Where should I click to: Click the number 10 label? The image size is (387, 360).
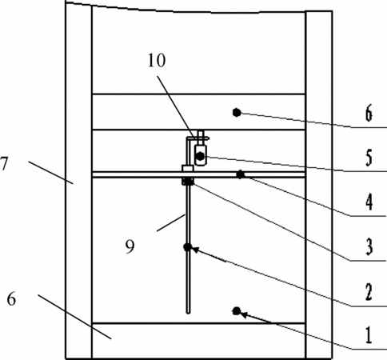pos(157,61)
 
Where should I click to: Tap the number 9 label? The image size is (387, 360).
pos(130,246)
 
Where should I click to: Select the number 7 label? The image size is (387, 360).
pos(5,163)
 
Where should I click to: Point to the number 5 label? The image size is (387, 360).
pos(369,158)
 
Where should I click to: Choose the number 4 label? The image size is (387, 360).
pos(369,202)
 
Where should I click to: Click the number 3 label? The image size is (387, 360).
pos(369,247)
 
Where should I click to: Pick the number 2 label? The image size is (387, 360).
pos(369,292)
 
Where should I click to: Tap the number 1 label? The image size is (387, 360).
pos(369,335)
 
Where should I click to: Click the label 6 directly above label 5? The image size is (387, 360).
pos(369,114)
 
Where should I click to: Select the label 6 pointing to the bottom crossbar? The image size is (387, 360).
pos(11,299)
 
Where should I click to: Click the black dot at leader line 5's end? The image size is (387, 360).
pos(200,156)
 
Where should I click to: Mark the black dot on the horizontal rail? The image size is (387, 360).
pos(240,174)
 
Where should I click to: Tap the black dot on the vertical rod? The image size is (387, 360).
pos(188,247)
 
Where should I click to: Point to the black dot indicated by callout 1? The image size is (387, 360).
pos(237,311)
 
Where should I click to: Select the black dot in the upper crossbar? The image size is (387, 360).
pos(237,113)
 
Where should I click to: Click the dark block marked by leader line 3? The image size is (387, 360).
pos(188,182)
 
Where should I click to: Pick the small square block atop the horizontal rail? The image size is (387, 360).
pos(188,169)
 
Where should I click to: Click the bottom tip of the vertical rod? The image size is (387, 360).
pos(189,313)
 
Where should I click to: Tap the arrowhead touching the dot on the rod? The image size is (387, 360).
pos(196,250)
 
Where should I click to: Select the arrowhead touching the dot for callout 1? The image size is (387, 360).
pos(245,314)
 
